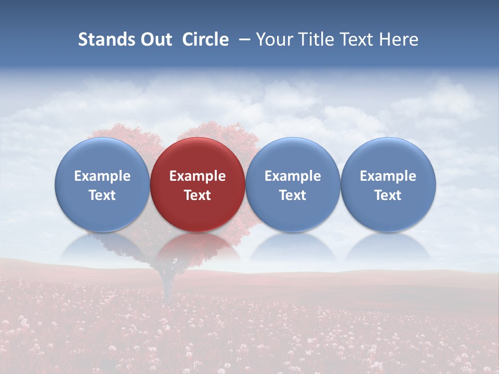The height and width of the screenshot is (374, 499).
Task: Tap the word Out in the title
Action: click(155, 39)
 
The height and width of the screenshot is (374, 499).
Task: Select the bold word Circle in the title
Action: click(205, 39)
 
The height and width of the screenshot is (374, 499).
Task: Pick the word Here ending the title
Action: click(399, 39)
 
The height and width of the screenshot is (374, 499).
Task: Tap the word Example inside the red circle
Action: click(198, 176)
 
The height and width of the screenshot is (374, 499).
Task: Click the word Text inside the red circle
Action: click(198, 195)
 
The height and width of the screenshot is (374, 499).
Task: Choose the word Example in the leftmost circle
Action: click(102, 176)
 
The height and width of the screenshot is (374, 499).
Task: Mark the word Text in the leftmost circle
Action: click(102, 195)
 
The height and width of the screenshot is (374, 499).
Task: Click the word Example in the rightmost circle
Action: click(388, 176)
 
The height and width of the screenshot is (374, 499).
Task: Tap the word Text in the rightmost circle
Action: click(388, 195)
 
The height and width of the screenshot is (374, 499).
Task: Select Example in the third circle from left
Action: click(293, 176)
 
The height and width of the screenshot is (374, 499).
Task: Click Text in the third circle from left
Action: click(293, 195)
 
